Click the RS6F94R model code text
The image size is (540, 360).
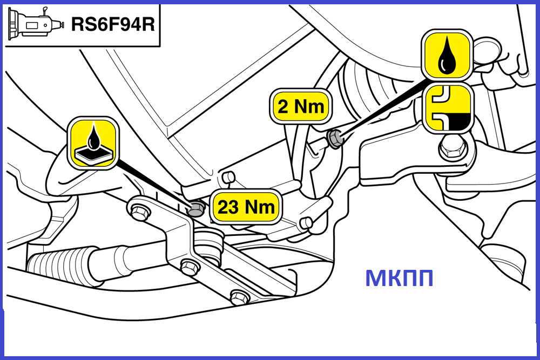(x=113, y=24)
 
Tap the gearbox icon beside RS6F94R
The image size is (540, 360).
(x=36, y=23)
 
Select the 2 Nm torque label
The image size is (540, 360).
(x=301, y=106)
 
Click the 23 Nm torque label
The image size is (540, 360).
(x=246, y=207)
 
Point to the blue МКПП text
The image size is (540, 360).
(x=399, y=278)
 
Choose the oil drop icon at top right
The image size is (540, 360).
(x=447, y=55)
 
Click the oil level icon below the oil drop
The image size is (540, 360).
(x=448, y=108)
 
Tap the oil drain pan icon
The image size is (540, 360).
(x=93, y=143)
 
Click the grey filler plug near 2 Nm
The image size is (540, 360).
(x=335, y=138)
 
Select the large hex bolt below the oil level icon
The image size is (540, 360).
(x=453, y=148)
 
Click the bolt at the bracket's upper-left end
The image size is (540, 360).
(x=139, y=212)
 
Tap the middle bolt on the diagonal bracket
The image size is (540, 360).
(x=189, y=267)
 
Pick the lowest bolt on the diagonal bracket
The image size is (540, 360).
(x=239, y=297)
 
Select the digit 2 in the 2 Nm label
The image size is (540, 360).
(x=283, y=107)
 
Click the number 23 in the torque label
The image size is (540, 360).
(x=228, y=207)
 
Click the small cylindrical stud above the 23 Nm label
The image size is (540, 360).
(x=228, y=177)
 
